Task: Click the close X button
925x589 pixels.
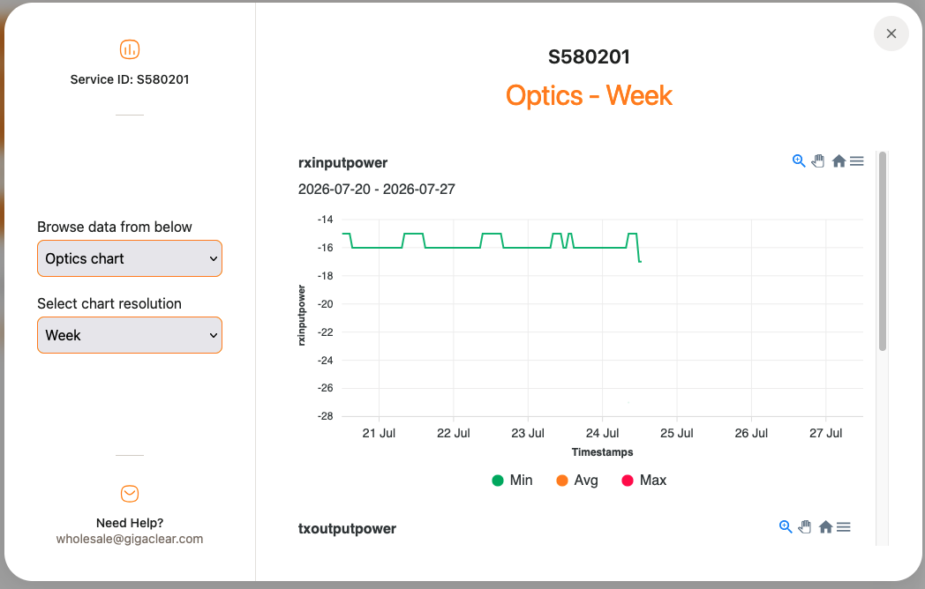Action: (x=891, y=34)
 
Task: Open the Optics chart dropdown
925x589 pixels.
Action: (x=130, y=258)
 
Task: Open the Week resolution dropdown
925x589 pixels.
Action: (x=130, y=335)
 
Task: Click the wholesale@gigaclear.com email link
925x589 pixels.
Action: (x=130, y=539)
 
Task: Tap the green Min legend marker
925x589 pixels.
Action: (x=497, y=481)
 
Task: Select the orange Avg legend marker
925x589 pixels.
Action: (x=562, y=481)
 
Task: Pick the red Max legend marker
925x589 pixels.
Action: (x=627, y=481)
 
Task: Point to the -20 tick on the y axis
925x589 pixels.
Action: (x=325, y=304)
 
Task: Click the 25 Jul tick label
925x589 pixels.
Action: (x=677, y=433)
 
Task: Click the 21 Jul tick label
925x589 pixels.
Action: (x=379, y=433)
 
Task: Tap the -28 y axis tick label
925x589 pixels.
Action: (x=325, y=416)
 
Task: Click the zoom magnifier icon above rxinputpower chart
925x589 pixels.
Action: (x=799, y=161)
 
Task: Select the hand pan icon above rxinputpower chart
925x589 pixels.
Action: (x=817, y=161)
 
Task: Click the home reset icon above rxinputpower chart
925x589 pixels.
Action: (x=839, y=161)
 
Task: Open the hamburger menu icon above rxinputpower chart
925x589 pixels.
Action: (x=856, y=161)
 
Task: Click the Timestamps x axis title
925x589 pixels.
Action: (x=602, y=452)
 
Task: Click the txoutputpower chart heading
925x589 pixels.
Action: (x=347, y=529)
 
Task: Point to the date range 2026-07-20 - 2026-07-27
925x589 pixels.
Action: (x=376, y=190)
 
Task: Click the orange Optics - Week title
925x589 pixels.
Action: (x=589, y=95)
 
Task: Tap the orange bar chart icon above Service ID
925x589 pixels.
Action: (x=130, y=49)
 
